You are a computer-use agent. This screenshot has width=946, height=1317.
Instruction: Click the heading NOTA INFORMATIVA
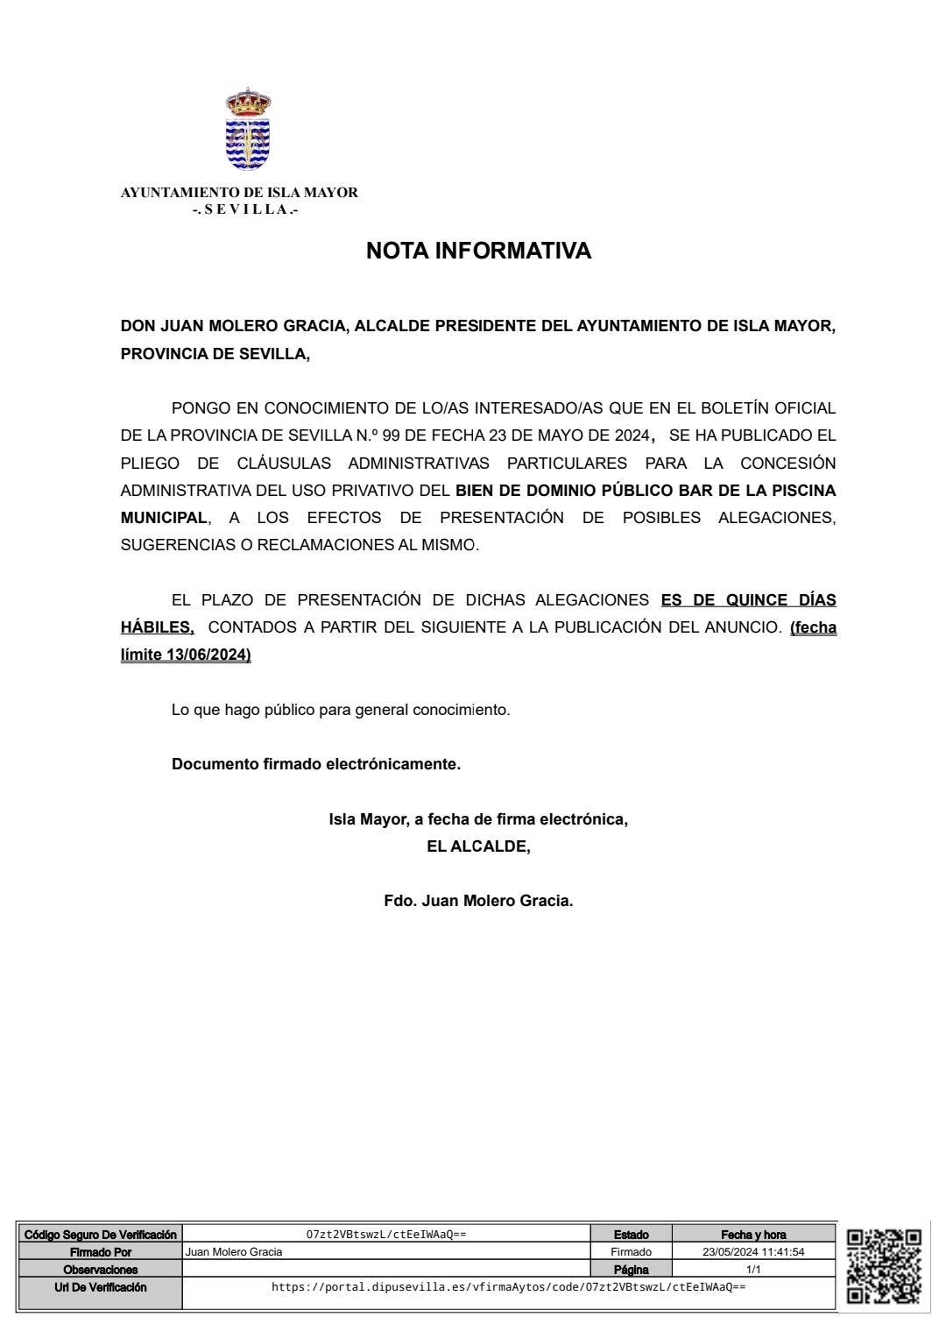click(x=478, y=251)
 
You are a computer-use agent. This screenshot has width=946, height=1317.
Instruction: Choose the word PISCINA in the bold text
click(x=801, y=490)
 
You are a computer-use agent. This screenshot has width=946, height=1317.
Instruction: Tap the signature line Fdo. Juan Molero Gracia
click(x=478, y=901)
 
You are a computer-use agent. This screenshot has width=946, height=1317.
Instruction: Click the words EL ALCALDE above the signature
click(x=477, y=846)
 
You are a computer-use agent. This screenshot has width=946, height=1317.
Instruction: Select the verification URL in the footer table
click(x=508, y=1287)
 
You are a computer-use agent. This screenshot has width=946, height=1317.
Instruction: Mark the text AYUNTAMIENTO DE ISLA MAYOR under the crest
click(x=239, y=193)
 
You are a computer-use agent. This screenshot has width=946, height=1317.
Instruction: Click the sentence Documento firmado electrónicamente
click(x=316, y=764)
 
